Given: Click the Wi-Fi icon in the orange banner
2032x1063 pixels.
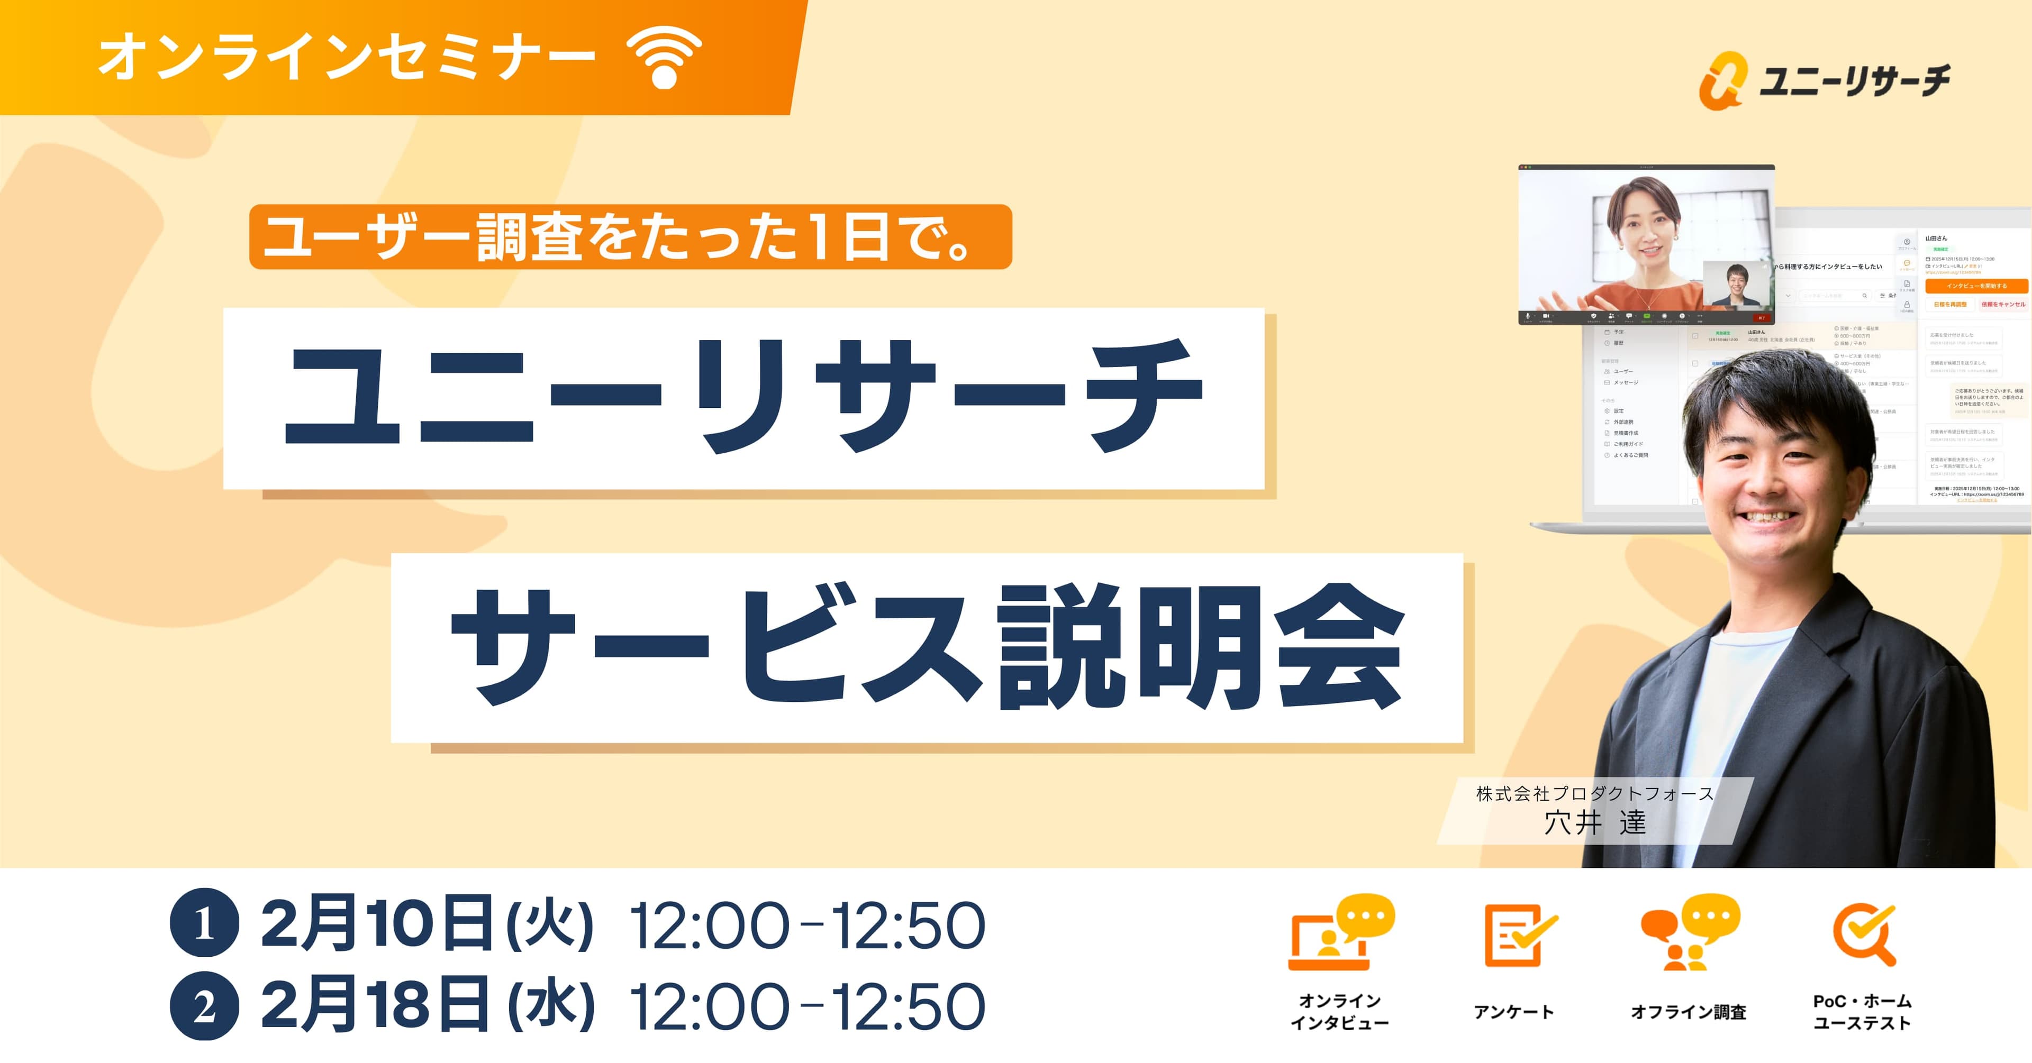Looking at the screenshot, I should tap(664, 58).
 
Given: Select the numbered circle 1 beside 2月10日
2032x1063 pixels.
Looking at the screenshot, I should tap(204, 923).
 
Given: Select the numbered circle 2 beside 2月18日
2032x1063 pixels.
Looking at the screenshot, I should tap(204, 1006).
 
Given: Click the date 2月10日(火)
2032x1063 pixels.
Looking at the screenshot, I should tap(426, 923).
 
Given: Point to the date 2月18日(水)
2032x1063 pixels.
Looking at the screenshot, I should tap(426, 1006).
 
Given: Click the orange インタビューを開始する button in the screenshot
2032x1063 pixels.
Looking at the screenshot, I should tap(1975, 286).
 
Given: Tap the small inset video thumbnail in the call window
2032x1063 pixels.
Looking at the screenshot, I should tap(1736, 285).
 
